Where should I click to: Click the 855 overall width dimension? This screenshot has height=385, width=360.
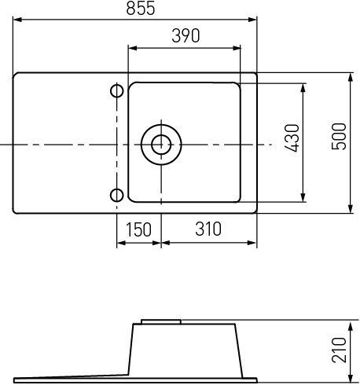pyautogui.click(x=141, y=8)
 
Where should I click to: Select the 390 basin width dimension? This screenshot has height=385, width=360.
pyautogui.click(x=186, y=35)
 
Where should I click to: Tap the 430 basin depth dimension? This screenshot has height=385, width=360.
pyautogui.click(x=292, y=137)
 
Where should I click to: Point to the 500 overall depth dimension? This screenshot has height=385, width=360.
pyautogui.click(x=339, y=136)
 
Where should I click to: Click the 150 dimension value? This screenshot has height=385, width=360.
pyautogui.click(x=138, y=229)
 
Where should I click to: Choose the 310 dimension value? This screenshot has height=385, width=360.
pyautogui.click(x=208, y=229)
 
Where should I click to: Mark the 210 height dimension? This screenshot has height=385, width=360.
pyautogui.click(x=339, y=350)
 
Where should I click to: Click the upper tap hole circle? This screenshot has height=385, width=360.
pyautogui.click(x=116, y=91)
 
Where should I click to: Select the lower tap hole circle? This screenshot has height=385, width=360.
pyautogui.click(x=116, y=196)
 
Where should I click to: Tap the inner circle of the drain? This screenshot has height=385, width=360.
pyautogui.click(x=161, y=145)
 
